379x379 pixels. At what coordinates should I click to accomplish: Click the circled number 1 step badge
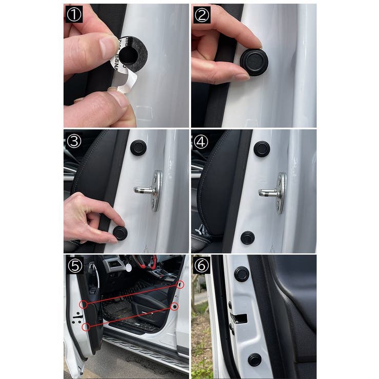[x=74, y=15]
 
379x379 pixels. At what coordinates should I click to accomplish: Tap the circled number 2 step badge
[x=202, y=15]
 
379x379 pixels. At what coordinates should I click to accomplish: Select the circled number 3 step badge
[x=74, y=141]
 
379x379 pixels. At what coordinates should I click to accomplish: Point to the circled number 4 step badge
[x=201, y=141]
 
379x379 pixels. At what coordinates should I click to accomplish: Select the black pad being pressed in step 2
[x=254, y=61]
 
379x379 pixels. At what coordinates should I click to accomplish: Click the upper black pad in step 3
[x=138, y=148]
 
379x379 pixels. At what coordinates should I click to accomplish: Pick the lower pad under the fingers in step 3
[x=120, y=233]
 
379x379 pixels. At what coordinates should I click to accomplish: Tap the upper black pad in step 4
[x=261, y=149]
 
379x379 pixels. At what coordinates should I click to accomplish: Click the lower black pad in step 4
[x=248, y=237]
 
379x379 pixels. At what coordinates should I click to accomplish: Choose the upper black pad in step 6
[x=241, y=274]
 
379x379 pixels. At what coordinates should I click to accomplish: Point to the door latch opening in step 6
[x=238, y=318]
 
